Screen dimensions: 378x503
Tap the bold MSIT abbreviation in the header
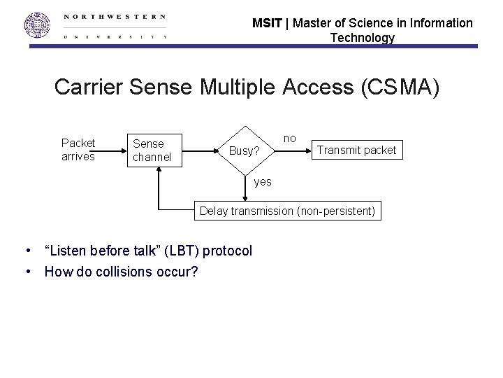click(x=266, y=23)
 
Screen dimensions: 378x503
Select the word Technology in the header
click(x=362, y=38)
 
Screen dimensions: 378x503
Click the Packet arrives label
click(x=78, y=150)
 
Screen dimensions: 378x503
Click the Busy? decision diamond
click(x=245, y=150)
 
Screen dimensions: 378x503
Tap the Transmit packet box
click(x=356, y=150)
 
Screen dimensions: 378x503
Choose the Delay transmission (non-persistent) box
click(x=287, y=210)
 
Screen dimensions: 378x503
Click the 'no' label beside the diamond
click(x=289, y=139)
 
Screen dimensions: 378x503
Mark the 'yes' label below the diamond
click(x=263, y=181)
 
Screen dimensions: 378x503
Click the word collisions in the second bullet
click(x=121, y=271)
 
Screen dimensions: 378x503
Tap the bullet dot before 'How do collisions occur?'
click(x=27, y=271)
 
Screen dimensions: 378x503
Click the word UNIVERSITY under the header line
click(x=115, y=36)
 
